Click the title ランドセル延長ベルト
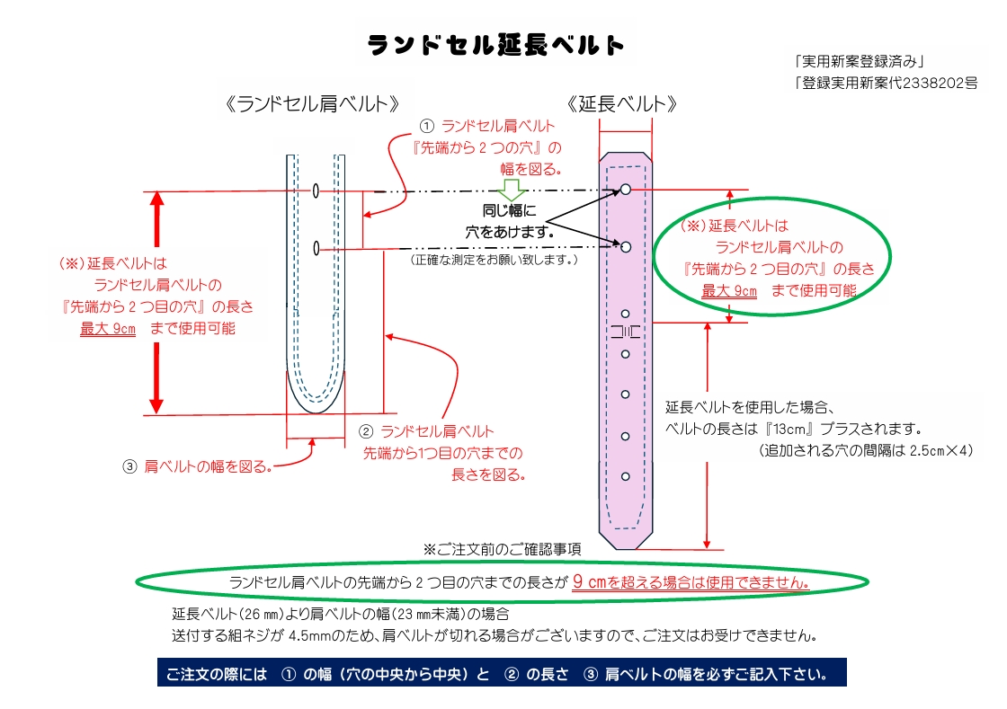(496, 45)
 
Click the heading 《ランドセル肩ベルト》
(314, 103)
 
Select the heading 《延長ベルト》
(623, 103)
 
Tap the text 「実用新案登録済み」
(860, 62)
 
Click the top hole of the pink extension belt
(625, 190)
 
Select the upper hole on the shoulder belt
(316, 191)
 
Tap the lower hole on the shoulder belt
(316, 248)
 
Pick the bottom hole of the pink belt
(625, 475)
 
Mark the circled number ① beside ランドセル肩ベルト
(427, 127)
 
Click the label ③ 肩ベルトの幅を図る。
(197, 466)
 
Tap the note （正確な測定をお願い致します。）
(493, 260)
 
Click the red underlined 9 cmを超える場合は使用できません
(691, 581)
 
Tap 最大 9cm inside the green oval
(729, 291)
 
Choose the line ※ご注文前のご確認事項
(503, 548)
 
